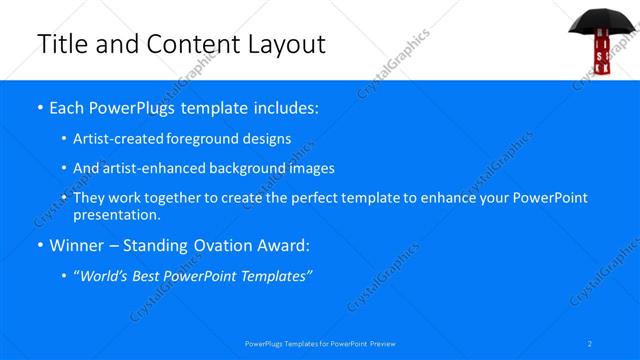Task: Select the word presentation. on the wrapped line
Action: (116, 214)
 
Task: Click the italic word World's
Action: (104, 276)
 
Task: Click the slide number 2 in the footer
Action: (590, 343)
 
